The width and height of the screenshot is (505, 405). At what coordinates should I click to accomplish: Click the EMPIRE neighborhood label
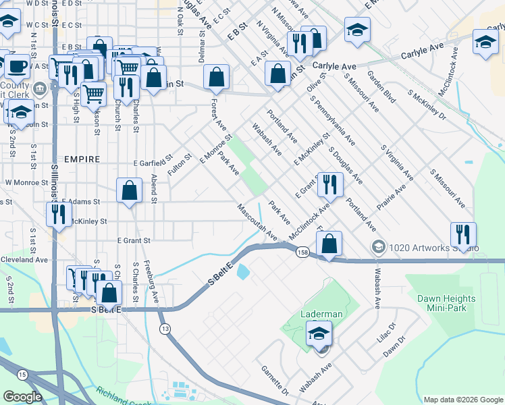[x=82, y=159]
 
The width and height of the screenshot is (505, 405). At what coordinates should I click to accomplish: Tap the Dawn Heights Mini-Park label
[x=446, y=303]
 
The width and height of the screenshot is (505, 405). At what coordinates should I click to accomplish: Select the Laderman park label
[x=323, y=314]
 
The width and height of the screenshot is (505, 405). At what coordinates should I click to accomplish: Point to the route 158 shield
[x=302, y=252]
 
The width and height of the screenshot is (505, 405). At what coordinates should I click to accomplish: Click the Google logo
[x=22, y=397]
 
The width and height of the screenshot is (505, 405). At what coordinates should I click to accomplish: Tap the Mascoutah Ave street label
[x=257, y=223]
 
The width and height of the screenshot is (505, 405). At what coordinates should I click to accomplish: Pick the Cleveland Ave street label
[x=24, y=259]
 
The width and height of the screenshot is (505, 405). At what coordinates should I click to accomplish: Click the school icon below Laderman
[x=319, y=333]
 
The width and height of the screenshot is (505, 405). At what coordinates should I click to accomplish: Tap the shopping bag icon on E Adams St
[x=129, y=190]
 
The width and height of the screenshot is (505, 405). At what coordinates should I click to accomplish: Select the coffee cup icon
[x=17, y=67]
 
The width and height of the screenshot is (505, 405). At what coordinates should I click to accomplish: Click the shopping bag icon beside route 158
[x=329, y=244]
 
